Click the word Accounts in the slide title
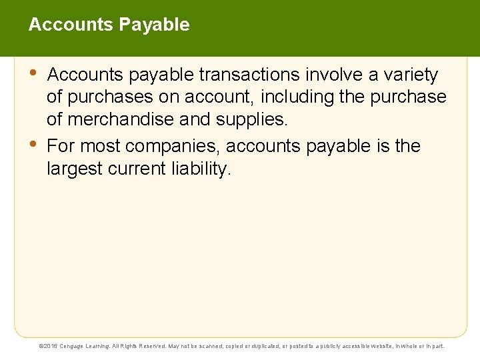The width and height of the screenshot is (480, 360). [71, 25]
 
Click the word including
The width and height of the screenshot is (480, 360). [297, 97]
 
